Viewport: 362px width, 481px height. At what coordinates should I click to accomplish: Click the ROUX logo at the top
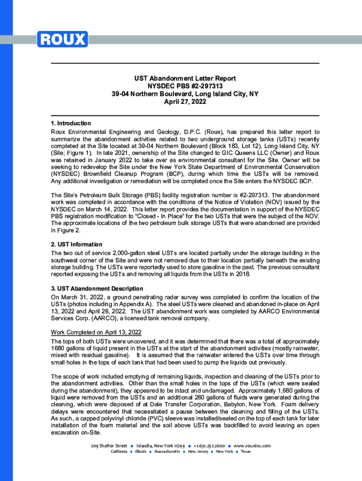[62, 39]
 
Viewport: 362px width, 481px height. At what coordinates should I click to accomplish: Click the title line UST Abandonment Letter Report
[185, 78]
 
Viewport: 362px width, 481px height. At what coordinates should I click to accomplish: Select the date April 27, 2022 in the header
[185, 101]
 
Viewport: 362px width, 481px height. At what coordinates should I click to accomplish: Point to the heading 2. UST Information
[76, 245]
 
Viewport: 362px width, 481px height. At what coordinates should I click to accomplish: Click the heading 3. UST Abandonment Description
[97, 288]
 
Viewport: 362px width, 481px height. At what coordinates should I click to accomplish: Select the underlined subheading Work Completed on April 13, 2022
[96, 333]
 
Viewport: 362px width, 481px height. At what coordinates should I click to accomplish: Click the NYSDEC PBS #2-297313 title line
[185, 86]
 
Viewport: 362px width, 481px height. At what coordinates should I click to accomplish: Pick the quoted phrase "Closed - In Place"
[164, 216]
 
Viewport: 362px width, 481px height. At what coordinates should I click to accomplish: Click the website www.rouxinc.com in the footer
[252, 445]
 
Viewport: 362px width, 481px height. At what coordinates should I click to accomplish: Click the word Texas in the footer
[245, 451]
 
